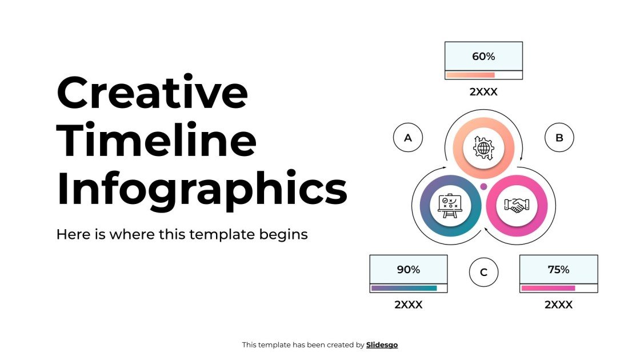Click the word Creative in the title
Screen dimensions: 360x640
click(x=153, y=94)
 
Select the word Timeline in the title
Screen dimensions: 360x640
click(x=157, y=142)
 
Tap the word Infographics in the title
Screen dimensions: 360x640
click(x=202, y=189)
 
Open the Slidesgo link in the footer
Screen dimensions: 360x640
click(x=382, y=345)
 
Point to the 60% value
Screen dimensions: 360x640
click(x=483, y=56)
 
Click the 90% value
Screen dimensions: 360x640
click(x=408, y=269)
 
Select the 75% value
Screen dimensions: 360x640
click(x=558, y=269)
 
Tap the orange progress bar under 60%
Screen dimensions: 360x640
click(x=470, y=75)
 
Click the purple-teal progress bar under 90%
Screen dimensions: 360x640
click(x=404, y=288)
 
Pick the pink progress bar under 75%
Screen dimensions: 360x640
click(x=548, y=288)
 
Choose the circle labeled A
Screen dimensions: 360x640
click(x=408, y=138)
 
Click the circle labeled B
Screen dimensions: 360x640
click(x=559, y=138)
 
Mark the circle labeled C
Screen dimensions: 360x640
click(x=483, y=272)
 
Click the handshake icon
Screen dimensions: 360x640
click(x=516, y=205)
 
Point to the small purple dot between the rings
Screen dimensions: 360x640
click(x=483, y=186)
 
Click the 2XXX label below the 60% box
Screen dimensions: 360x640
click(x=483, y=91)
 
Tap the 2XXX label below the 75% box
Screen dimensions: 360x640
click(x=558, y=305)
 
